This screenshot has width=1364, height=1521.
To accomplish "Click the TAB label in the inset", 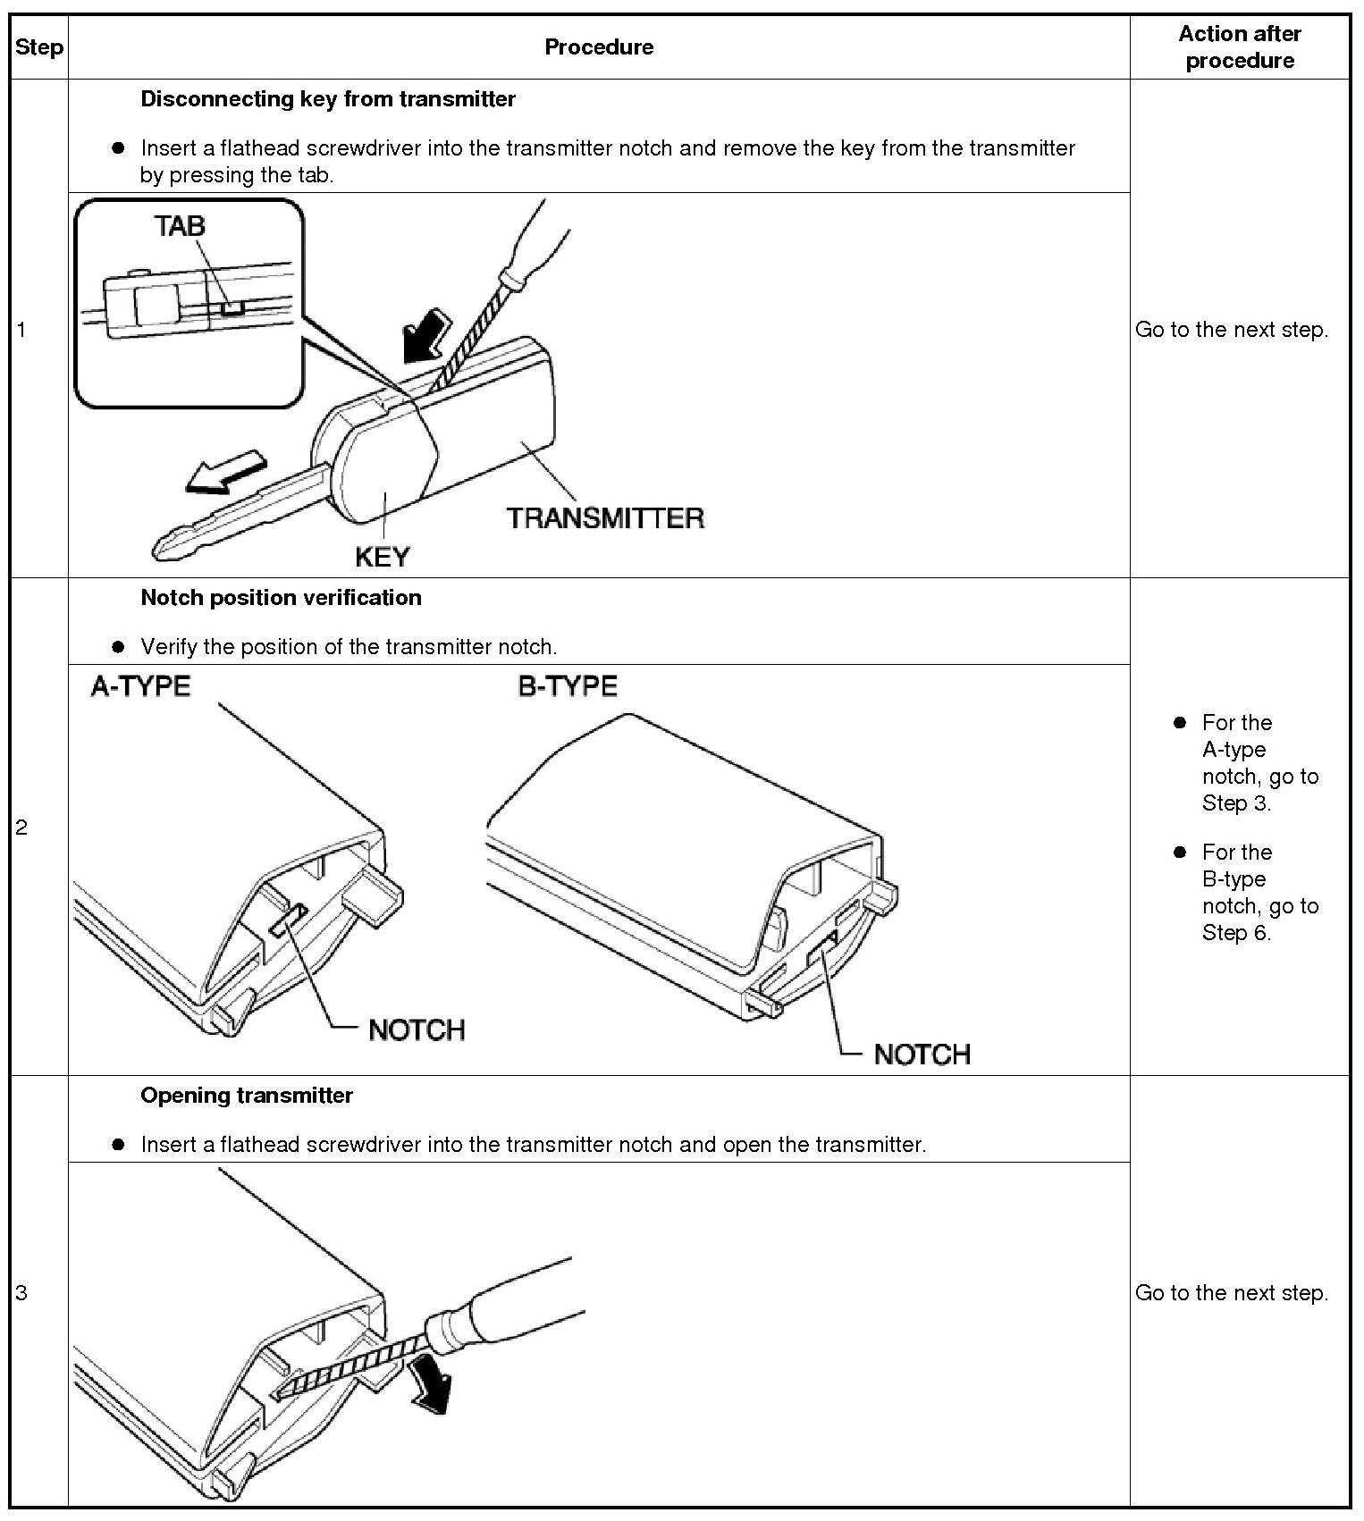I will [180, 226].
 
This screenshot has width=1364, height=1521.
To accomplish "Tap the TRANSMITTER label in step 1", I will [605, 518].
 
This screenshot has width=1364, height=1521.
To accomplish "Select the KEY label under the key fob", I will [382, 558].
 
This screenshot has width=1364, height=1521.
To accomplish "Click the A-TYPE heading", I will [140, 686].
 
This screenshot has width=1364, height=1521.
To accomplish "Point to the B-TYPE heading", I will [568, 686].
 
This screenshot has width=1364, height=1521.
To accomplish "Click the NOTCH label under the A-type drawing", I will [417, 1030].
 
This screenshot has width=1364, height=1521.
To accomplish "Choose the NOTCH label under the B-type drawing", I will [922, 1055].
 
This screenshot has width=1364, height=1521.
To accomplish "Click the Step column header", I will [39, 47].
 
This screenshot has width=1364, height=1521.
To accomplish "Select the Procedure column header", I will [599, 47].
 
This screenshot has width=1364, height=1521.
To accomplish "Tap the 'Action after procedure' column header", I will [1240, 47].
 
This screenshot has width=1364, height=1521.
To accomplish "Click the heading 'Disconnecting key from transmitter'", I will [328, 99].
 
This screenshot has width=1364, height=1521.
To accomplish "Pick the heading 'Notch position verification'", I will [281, 598].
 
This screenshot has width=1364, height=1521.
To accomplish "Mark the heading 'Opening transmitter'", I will [247, 1096].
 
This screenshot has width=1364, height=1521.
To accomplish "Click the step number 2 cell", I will [21, 828].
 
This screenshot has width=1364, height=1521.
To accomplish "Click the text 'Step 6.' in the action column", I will [1236, 933].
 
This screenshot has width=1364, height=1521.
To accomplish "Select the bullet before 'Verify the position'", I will [118, 647].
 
